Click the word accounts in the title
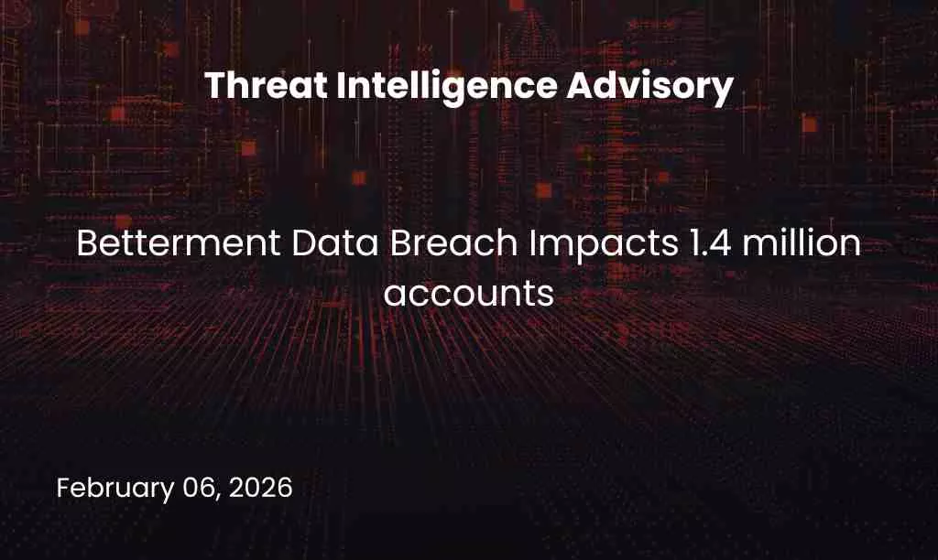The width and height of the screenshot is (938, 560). (469, 294)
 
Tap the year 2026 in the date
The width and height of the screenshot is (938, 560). (262, 487)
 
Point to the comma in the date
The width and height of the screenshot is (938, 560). (220, 495)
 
